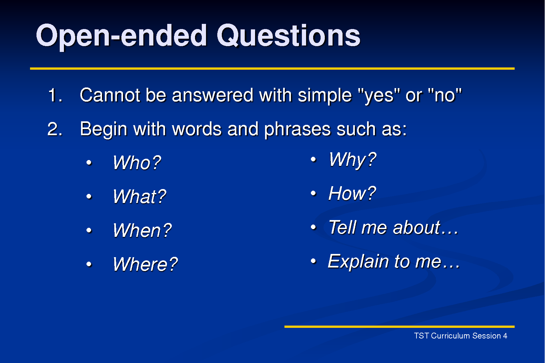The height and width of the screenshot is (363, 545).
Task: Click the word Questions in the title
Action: tap(288, 35)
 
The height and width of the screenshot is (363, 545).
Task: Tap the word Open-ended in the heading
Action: tap(121, 36)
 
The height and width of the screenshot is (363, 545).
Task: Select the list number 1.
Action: tap(55, 96)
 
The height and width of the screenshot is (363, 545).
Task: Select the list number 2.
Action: tap(55, 129)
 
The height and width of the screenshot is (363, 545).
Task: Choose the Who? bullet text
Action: tap(137, 163)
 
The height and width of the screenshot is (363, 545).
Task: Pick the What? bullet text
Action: tap(139, 197)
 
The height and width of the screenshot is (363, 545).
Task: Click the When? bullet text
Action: tap(142, 230)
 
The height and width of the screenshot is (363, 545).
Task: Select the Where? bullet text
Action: tap(145, 264)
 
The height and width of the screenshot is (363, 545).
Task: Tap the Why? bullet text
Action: tap(352, 160)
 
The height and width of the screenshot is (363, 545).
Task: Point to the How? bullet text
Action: tap(352, 194)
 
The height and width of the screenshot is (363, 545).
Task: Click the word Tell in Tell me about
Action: tap(342, 227)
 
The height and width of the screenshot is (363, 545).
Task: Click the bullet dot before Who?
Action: tap(89, 163)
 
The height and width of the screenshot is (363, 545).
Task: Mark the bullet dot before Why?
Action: tap(313, 159)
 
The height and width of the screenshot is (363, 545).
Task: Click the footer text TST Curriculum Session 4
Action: tap(460, 336)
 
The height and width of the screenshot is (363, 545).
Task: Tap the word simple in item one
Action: tap(324, 96)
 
